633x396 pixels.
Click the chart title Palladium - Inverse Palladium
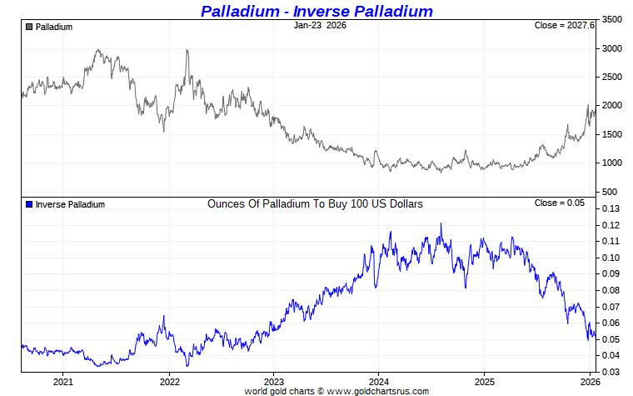click(316, 11)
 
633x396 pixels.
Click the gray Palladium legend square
click(29, 27)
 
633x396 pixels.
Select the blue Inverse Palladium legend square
click(29, 204)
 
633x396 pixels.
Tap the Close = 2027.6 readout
click(564, 26)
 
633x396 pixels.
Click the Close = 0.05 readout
click(559, 203)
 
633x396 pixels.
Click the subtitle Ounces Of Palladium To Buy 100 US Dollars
click(315, 203)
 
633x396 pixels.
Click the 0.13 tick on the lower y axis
click(611, 209)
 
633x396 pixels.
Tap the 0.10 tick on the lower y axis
click(611, 258)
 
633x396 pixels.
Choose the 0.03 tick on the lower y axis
click(611, 372)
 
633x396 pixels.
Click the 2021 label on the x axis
click(63, 382)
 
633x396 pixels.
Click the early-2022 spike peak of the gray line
click(187, 50)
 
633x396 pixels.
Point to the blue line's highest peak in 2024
click(441, 223)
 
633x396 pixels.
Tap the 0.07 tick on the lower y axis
click(611, 307)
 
